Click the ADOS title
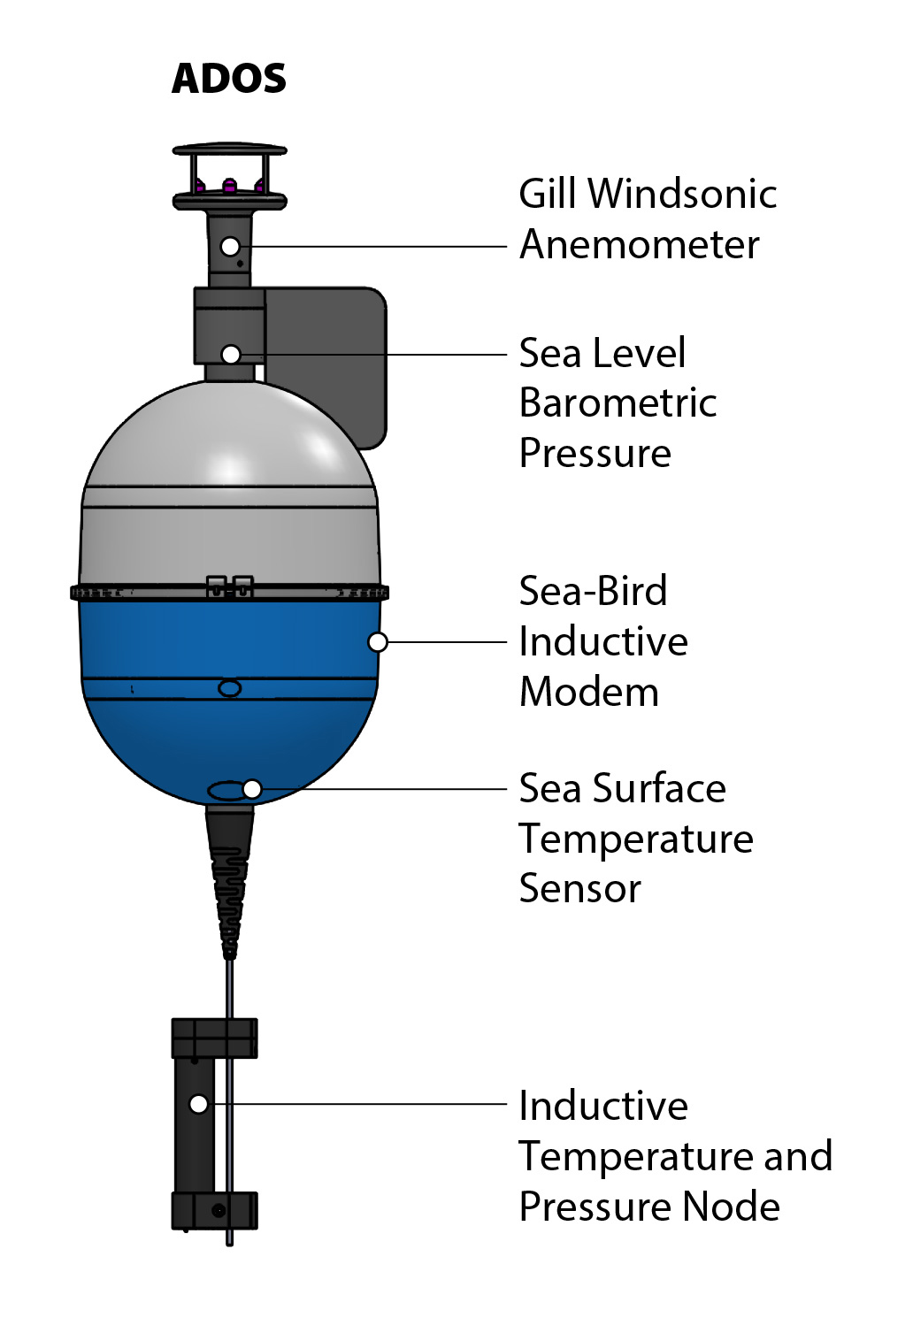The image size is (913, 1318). coord(229,79)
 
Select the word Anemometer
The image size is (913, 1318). coord(639,245)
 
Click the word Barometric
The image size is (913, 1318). coord(618,403)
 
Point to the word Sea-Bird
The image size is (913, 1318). coord(593,591)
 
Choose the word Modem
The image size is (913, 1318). coord(589,692)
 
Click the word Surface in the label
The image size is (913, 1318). coord(659,788)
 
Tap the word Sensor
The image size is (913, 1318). coord(579,889)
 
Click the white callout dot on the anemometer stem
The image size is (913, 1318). coord(230,247)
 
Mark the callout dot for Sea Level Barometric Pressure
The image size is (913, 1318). coord(231,355)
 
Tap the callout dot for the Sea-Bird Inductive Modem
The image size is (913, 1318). coord(378,642)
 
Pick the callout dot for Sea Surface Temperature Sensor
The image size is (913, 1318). coord(252,789)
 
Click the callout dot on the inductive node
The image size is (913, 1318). coord(199,1104)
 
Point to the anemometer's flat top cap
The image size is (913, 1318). coord(229,149)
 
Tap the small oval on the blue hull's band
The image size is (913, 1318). coord(229,688)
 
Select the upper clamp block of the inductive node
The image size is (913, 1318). coord(214,1038)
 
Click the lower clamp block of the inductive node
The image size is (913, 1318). coord(214,1210)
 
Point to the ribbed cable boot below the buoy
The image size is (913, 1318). coord(230,885)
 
